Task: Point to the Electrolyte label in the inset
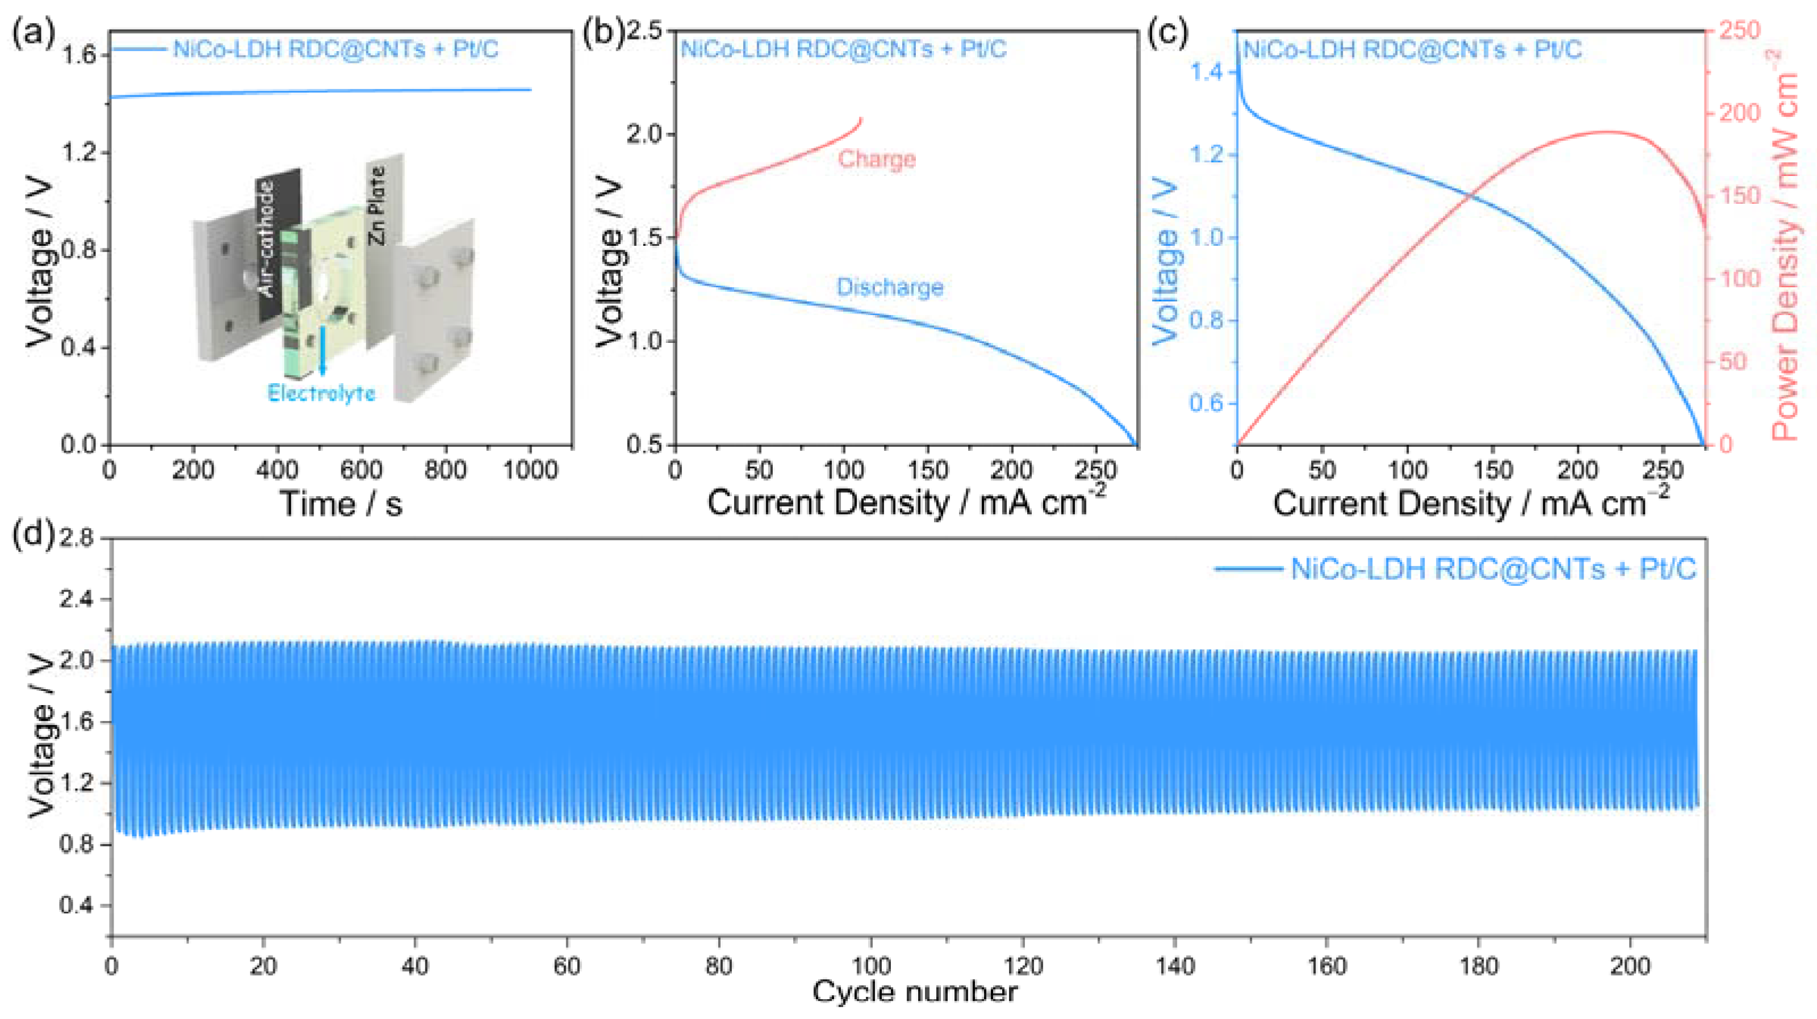(x=321, y=393)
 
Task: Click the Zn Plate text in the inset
(x=378, y=205)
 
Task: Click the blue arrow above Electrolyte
(x=323, y=350)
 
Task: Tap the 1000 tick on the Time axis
(x=530, y=469)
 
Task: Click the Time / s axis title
(x=341, y=504)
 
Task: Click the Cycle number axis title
(x=915, y=992)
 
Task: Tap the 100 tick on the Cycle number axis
(x=871, y=966)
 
